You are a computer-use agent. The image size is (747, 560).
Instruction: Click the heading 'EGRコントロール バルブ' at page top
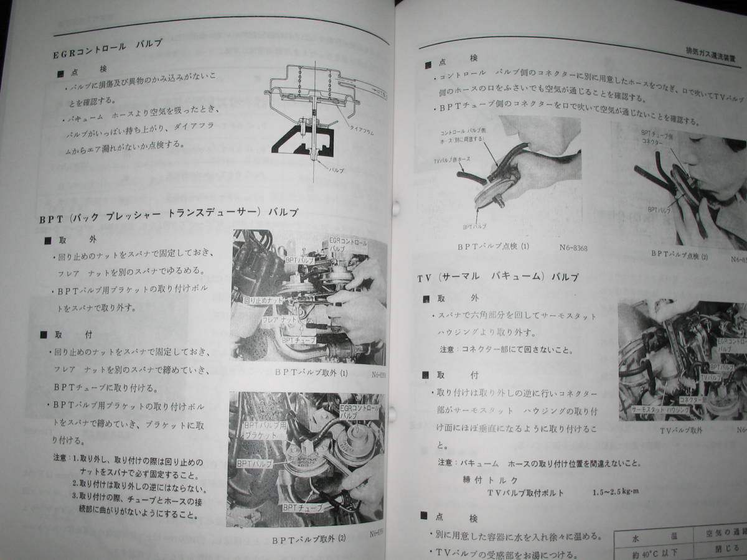[x=106, y=49]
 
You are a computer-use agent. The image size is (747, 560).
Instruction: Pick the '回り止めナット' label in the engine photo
[x=264, y=300]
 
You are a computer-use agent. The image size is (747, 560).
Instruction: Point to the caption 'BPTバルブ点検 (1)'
[x=493, y=246]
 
